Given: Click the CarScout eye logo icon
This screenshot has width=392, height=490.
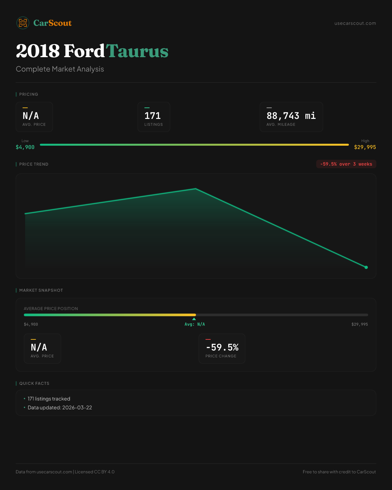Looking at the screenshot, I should point(23,23).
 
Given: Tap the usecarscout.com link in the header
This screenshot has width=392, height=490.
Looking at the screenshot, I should point(355,23).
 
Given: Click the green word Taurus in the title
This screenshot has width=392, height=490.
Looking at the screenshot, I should point(137,51).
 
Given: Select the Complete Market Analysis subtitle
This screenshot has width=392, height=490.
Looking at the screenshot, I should point(60,69).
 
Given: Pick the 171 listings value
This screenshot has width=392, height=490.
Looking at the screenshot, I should point(153,116).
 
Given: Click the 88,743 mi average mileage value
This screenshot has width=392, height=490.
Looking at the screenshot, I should point(291,116).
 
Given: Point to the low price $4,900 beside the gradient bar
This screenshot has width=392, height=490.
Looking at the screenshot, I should point(25,147).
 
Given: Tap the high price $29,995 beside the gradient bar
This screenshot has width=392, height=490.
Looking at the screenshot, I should point(365,147).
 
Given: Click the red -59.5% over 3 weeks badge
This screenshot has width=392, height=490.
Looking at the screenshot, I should point(346,164).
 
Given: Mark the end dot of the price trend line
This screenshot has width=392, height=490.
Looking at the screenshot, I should point(366,267).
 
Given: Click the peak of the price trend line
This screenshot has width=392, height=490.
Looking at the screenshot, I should point(196,189).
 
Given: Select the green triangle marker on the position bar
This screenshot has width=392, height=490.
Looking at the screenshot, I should point(194,319).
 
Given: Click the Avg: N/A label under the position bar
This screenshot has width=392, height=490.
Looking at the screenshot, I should point(195,324).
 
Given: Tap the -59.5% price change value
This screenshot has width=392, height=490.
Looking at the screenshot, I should point(222,347).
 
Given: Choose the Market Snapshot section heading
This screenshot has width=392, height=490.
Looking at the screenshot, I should point(41,290).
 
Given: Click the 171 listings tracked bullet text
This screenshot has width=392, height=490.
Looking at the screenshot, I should point(49,399).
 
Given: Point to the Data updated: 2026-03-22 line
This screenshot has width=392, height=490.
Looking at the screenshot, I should point(60,407).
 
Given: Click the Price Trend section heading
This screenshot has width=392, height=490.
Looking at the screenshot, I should point(34,164).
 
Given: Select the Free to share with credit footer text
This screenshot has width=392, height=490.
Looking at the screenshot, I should point(339,472).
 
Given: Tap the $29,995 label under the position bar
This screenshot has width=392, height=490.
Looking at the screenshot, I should point(359,324).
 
